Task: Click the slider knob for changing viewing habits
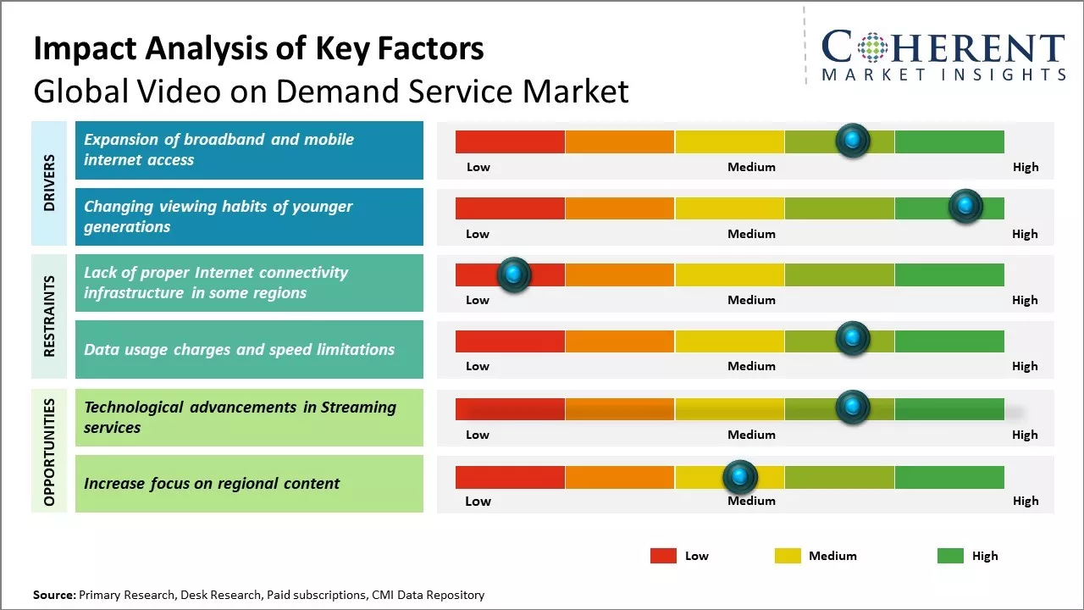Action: click(x=965, y=207)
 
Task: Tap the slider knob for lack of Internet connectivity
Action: click(x=513, y=274)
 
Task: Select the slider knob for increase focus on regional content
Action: click(x=740, y=478)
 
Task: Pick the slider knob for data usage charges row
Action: click(x=852, y=339)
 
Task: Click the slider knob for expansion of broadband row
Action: click(x=852, y=140)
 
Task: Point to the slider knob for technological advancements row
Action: click(x=852, y=408)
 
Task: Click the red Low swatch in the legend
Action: click(x=663, y=556)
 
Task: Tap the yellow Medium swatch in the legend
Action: click(x=788, y=556)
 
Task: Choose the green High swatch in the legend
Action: click(x=950, y=556)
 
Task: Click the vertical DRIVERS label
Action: click(x=49, y=183)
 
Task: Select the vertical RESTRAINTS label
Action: click(x=49, y=316)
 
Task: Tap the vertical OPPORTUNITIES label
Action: click(x=49, y=452)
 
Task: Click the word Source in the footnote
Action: click(x=53, y=595)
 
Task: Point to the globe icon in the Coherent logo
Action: click(x=872, y=47)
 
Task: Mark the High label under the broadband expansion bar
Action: click(x=1025, y=167)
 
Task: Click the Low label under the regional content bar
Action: click(x=478, y=501)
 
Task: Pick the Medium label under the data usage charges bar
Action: click(x=751, y=366)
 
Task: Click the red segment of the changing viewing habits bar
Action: click(x=510, y=208)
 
